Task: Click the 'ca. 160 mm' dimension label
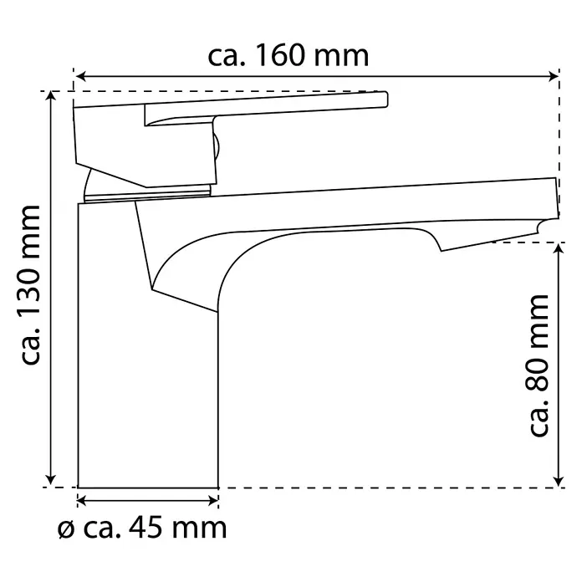[x=288, y=56]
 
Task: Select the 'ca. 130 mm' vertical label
[x=31, y=284]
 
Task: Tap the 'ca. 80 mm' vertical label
[x=539, y=365]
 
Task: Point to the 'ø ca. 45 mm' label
[x=142, y=528]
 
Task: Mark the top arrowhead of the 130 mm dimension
[x=51, y=95]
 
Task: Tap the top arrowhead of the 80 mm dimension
[x=559, y=248]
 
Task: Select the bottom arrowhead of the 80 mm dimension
[x=559, y=481]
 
